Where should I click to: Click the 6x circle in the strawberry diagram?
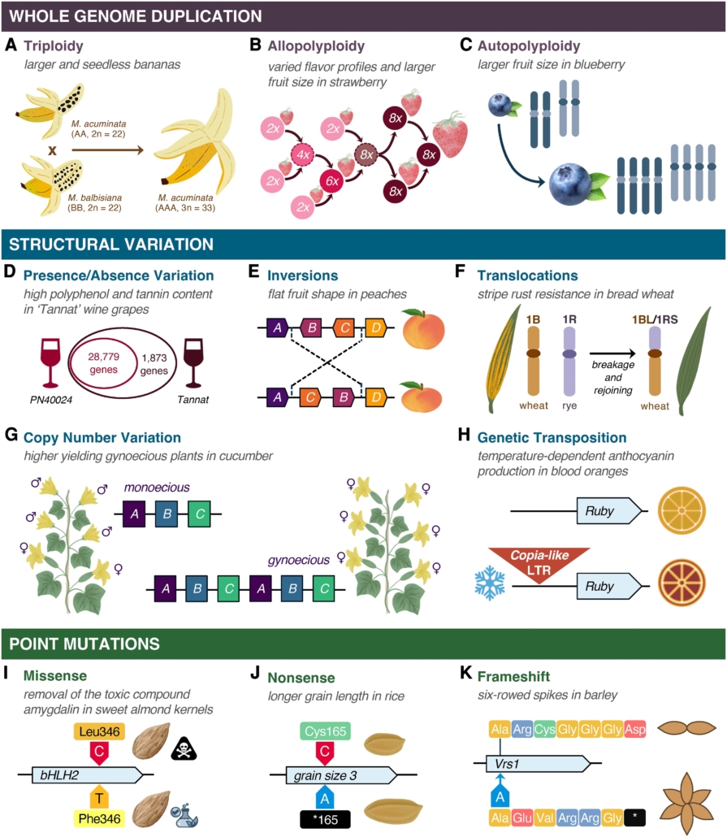point(331,180)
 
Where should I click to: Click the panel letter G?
point(11,437)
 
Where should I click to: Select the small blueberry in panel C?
point(500,106)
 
